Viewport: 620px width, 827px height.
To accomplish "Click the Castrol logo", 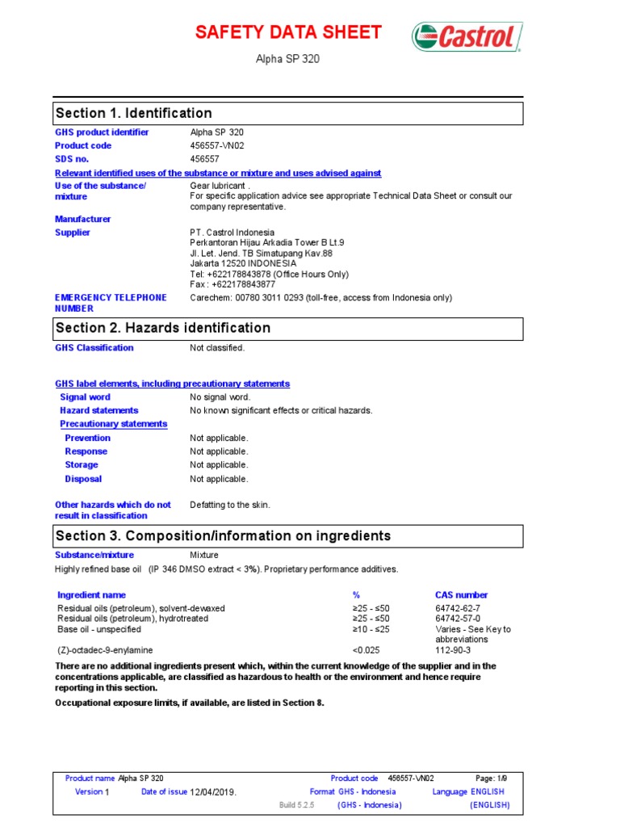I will point(467,36).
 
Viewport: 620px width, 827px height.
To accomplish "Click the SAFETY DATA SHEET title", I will point(288,32).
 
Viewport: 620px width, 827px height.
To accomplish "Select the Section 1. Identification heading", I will point(133,113).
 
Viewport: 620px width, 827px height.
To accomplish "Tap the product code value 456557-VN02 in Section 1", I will point(216,145).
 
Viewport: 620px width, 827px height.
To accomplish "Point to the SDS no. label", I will point(72,159).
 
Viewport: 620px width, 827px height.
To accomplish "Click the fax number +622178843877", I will point(232,284).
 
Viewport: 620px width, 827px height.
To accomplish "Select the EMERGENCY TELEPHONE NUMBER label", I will point(111,303).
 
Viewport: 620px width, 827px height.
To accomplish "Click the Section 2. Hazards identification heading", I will point(162,328).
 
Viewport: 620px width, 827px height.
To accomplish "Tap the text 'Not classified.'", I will point(217,348).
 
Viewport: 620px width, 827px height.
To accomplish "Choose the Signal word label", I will point(86,397).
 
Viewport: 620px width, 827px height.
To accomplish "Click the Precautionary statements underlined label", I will point(114,424).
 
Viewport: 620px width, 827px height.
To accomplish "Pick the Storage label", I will point(82,465).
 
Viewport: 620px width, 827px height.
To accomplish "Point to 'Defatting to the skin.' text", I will point(230,505).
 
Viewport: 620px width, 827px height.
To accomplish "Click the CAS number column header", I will point(461,595).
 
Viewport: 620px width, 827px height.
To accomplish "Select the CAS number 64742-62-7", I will point(458,608).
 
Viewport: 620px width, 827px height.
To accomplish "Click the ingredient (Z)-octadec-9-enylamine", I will point(105,649).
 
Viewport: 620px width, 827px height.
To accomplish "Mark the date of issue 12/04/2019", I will point(213,792).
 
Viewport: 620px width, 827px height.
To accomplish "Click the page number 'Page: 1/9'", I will point(492,778).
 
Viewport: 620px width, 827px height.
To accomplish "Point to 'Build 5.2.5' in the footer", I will point(295,805).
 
